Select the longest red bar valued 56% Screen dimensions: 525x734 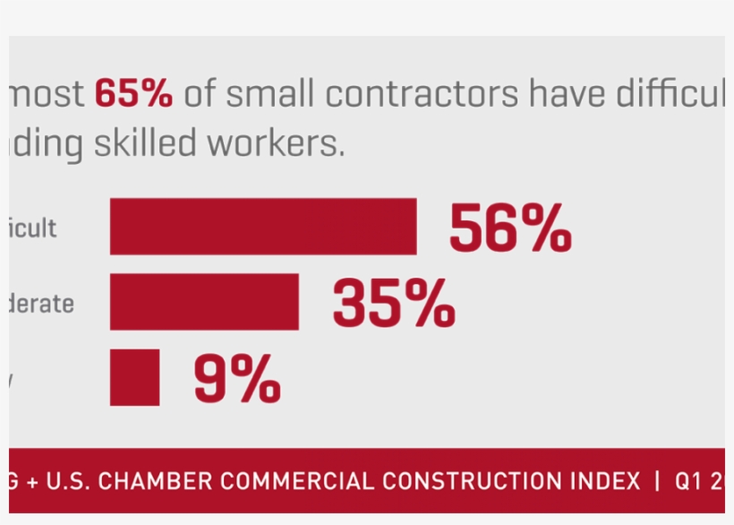(x=263, y=227)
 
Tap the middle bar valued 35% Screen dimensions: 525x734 (x=204, y=302)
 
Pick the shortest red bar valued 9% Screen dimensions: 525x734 (x=134, y=377)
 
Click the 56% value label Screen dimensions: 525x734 (x=510, y=228)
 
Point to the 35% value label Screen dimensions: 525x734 (x=394, y=304)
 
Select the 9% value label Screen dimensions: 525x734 (x=237, y=379)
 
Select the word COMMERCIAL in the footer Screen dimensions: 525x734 (x=299, y=481)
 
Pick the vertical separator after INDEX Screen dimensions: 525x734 (x=658, y=481)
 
